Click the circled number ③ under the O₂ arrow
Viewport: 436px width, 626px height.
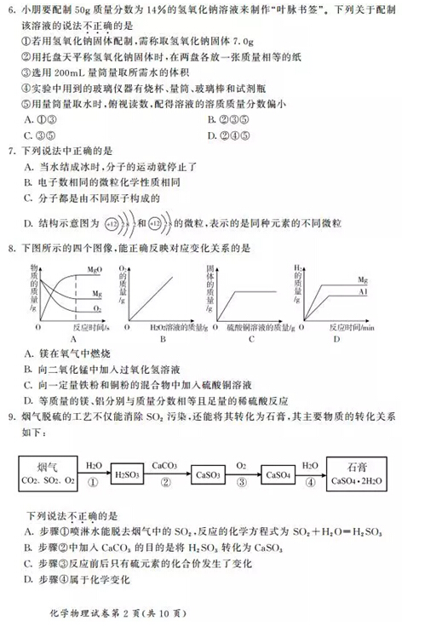pyautogui.click(x=242, y=481)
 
